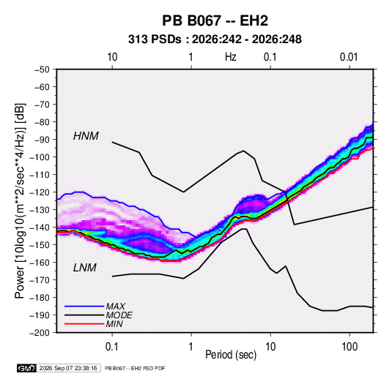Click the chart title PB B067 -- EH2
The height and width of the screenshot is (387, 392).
[x=215, y=20]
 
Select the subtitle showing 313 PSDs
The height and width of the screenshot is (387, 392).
[x=215, y=40]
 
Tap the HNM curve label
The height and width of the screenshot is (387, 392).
[x=86, y=136]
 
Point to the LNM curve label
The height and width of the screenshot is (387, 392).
[x=85, y=268]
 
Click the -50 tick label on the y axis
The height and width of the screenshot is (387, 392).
[x=42, y=69]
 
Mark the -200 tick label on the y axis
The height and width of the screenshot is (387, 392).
[x=40, y=333]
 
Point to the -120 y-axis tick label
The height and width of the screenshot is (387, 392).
[x=40, y=192]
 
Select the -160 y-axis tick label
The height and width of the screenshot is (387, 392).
[x=40, y=263]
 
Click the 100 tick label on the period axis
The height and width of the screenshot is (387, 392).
[x=350, y=347]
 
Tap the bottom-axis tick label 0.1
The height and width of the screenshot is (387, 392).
[x=112, y=347]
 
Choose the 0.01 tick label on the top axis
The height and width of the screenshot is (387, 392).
[x=349, y=57]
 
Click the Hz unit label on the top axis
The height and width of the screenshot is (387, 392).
[x=231, y=57]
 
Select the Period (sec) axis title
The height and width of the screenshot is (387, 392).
[x=231, y=355]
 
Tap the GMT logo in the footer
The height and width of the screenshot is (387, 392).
[x=27, y=368]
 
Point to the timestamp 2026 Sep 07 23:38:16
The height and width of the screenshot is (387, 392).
[x=68, y=368]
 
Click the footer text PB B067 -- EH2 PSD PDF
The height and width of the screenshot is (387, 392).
[x=135, y=368]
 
